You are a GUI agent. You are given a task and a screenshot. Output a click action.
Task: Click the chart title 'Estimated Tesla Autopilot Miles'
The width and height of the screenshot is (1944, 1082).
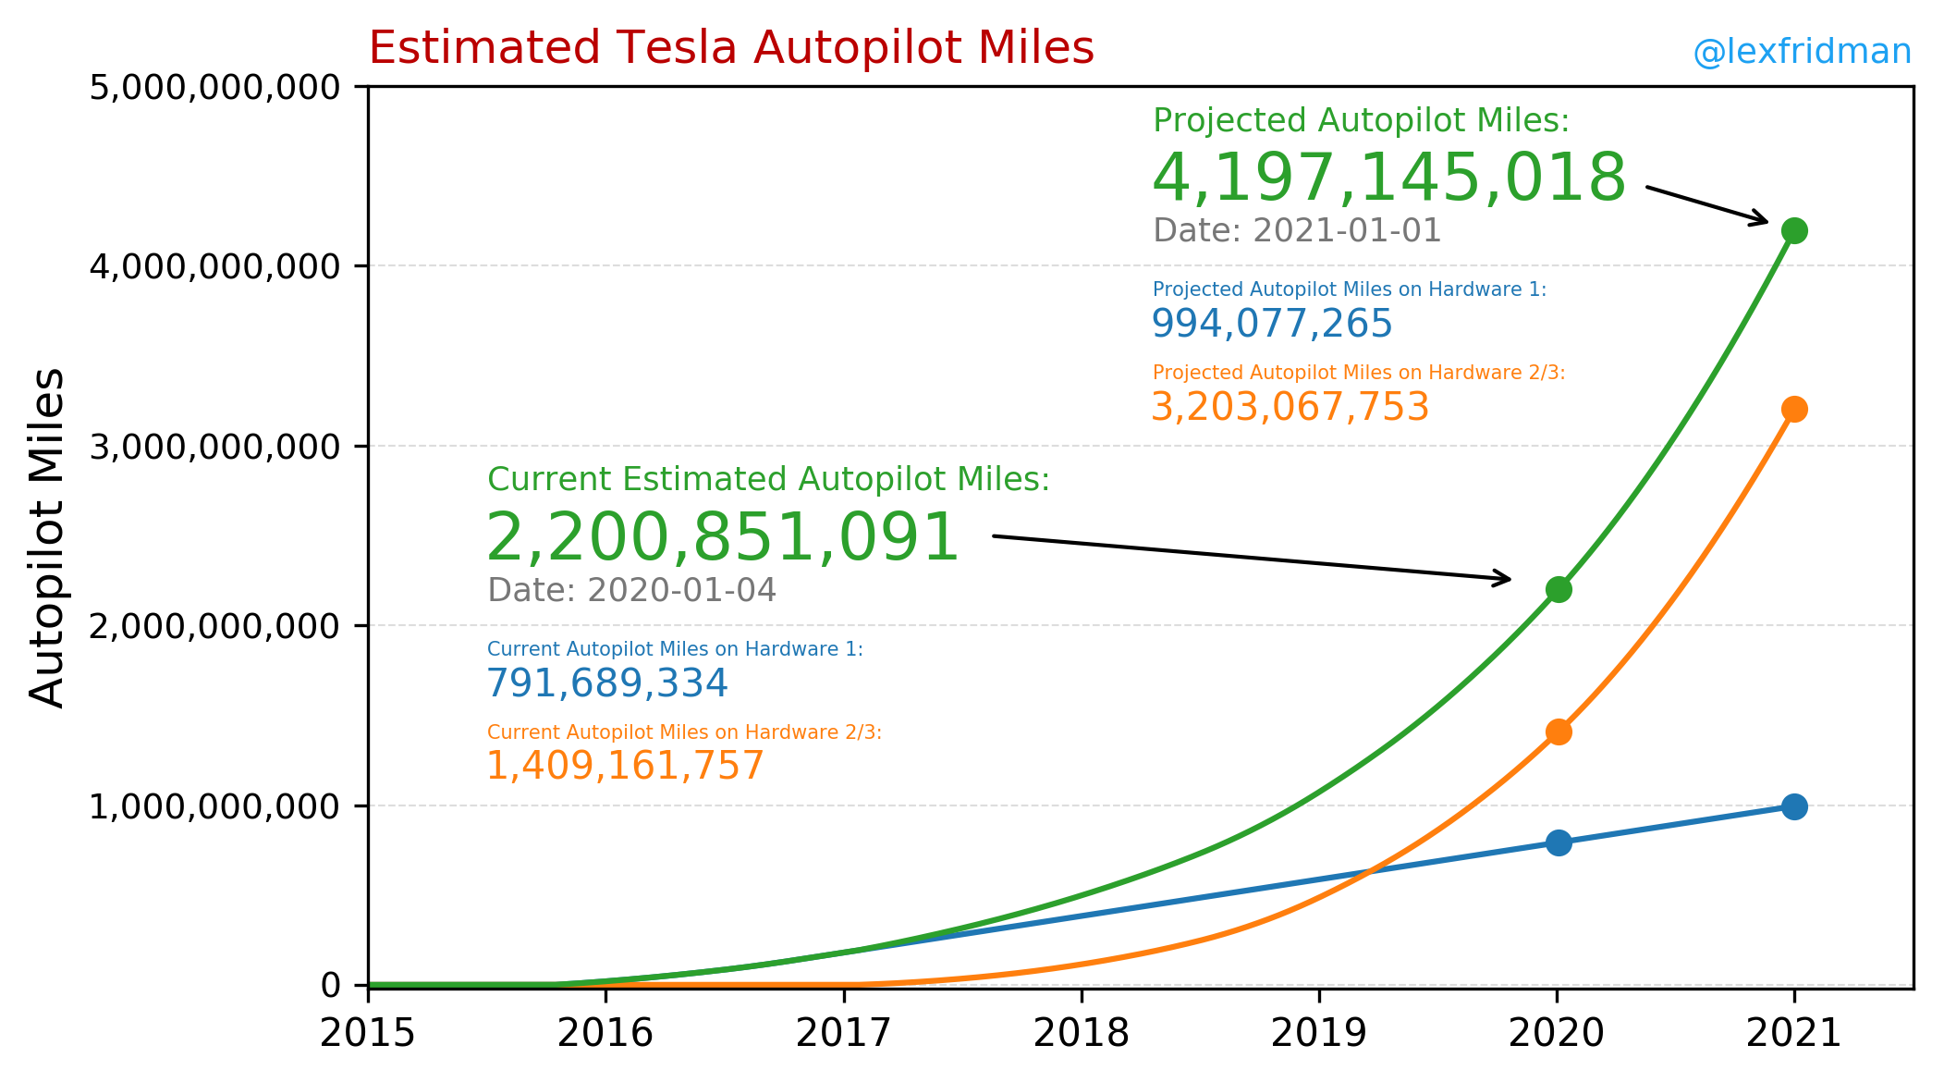pyautogui.click(x=730, y=48)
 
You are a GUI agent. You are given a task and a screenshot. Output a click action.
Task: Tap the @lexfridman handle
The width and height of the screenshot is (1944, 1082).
pyautogui.click(x=1801, y=53)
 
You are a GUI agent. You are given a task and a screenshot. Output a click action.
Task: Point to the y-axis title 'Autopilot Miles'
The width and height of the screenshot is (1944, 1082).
pyautogui.click(x=47, y=538)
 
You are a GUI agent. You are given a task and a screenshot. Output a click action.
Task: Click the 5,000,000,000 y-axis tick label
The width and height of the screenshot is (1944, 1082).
pyautogui.click(x=214, y=88)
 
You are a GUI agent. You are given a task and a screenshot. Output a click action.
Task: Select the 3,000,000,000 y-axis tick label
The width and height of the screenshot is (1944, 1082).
pyautogui.click(x=214, y=447)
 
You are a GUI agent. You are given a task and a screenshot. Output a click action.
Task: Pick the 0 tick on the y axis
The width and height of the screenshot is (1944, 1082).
pyautogui.click(x=331, y=986)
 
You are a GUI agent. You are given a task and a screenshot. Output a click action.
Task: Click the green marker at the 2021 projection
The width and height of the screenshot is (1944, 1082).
pyautogui.click(x=1793, y=230)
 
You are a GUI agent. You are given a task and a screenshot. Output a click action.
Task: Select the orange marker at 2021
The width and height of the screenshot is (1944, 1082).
pyautogui.click(x=1793, y=409)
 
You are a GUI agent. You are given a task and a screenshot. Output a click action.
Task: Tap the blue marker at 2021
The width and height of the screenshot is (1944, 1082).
pyautogui.click(x=1793, y=806)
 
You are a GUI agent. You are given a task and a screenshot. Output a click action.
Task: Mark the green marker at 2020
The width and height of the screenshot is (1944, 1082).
pyautogui.click(x=1558, y=589)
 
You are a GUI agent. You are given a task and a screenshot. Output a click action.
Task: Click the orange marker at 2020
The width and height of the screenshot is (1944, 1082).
pyautogui.click(x=1558, y=732)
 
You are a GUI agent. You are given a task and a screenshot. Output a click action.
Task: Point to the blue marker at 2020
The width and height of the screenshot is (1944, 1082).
pyautogui.click(x=1558, y=842)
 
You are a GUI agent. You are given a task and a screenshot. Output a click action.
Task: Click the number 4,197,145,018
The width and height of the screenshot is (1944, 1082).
pyautogui.click(x=1388, y=178)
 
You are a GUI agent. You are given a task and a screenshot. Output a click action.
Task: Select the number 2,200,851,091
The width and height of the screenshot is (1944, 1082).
pyautogui.click(x=722, y=537)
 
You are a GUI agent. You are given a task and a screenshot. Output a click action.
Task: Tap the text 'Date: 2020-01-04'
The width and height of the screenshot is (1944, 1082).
pyautogui.click(x=631, y=590)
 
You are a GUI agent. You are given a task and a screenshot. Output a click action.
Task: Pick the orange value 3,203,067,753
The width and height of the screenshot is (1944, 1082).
pyautogui.click(x=1290, y=407)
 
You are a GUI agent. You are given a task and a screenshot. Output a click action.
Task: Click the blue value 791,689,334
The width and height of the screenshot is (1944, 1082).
pyautogui.click(x=606, y=683)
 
